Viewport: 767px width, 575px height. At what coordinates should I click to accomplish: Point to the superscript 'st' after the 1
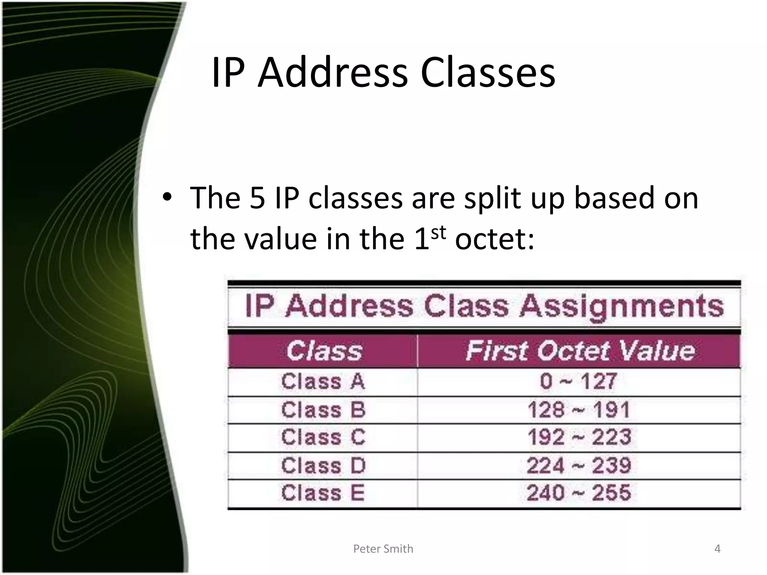pyautogui.click(x=439, y=233)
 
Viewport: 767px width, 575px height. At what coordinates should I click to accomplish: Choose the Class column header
pyautogui.click(x=324, y=351)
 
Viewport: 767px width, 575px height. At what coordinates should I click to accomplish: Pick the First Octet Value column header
pyautogui.click(x=580, y=351)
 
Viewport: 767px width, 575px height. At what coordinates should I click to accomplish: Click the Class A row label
pyautogui.click(x=323, y=382)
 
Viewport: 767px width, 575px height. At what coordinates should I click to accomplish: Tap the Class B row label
pyautogui.click(x=323, y=410)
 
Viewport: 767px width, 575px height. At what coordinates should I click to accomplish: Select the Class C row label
pyautogui.click(x=323, y=437)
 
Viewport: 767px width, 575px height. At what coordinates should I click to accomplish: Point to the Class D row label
pyautogui.click(x=323, y=466)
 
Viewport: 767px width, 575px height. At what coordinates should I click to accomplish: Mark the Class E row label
pyautogui.click(x=323, y=493)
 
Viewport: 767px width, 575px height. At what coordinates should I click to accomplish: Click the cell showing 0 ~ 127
pyautogui.click(x=579, y=382)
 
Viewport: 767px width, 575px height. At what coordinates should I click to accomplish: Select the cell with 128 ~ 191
pyautogui.click(x=579, y=410)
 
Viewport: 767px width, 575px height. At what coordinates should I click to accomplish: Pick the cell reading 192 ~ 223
pyautogui.click(x=579, y=437)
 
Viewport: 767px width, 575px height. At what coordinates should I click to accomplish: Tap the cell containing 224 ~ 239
pyautogui.click(x=579, y=466)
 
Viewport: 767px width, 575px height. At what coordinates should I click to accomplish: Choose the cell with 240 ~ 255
pyautogui.click(x=579, y=493)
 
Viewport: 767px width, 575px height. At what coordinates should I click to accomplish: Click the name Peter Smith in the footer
pyautogui.click(x=383, y=549)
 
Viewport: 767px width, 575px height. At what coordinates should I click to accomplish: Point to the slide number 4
pyautogui.click(x=717, y=549)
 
